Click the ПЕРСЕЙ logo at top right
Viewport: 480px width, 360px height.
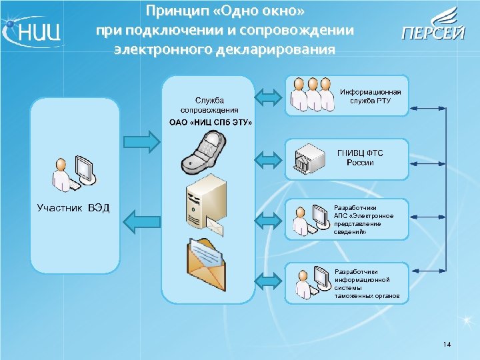point(433,27)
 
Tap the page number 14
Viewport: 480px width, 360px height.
point(447,344)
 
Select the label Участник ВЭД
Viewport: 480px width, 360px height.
point(73,208)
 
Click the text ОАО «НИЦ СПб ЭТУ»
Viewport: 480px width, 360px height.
point(210,122)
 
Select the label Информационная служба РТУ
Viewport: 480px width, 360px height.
point(371,96)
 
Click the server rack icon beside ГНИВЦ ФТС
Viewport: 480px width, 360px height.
point(309,159)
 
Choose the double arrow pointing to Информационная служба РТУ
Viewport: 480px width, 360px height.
point(270,97)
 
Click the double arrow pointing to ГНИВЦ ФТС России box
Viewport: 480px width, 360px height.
point(270,159)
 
